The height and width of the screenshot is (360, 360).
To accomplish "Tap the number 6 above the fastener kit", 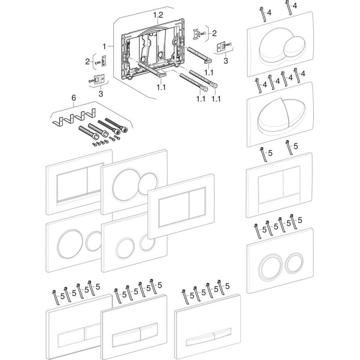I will point(74,98).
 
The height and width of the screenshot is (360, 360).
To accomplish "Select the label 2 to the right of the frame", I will point(214,33).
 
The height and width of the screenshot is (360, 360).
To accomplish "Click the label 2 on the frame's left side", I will point(87,62).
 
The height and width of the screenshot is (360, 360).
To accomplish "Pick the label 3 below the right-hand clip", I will point(225,61).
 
